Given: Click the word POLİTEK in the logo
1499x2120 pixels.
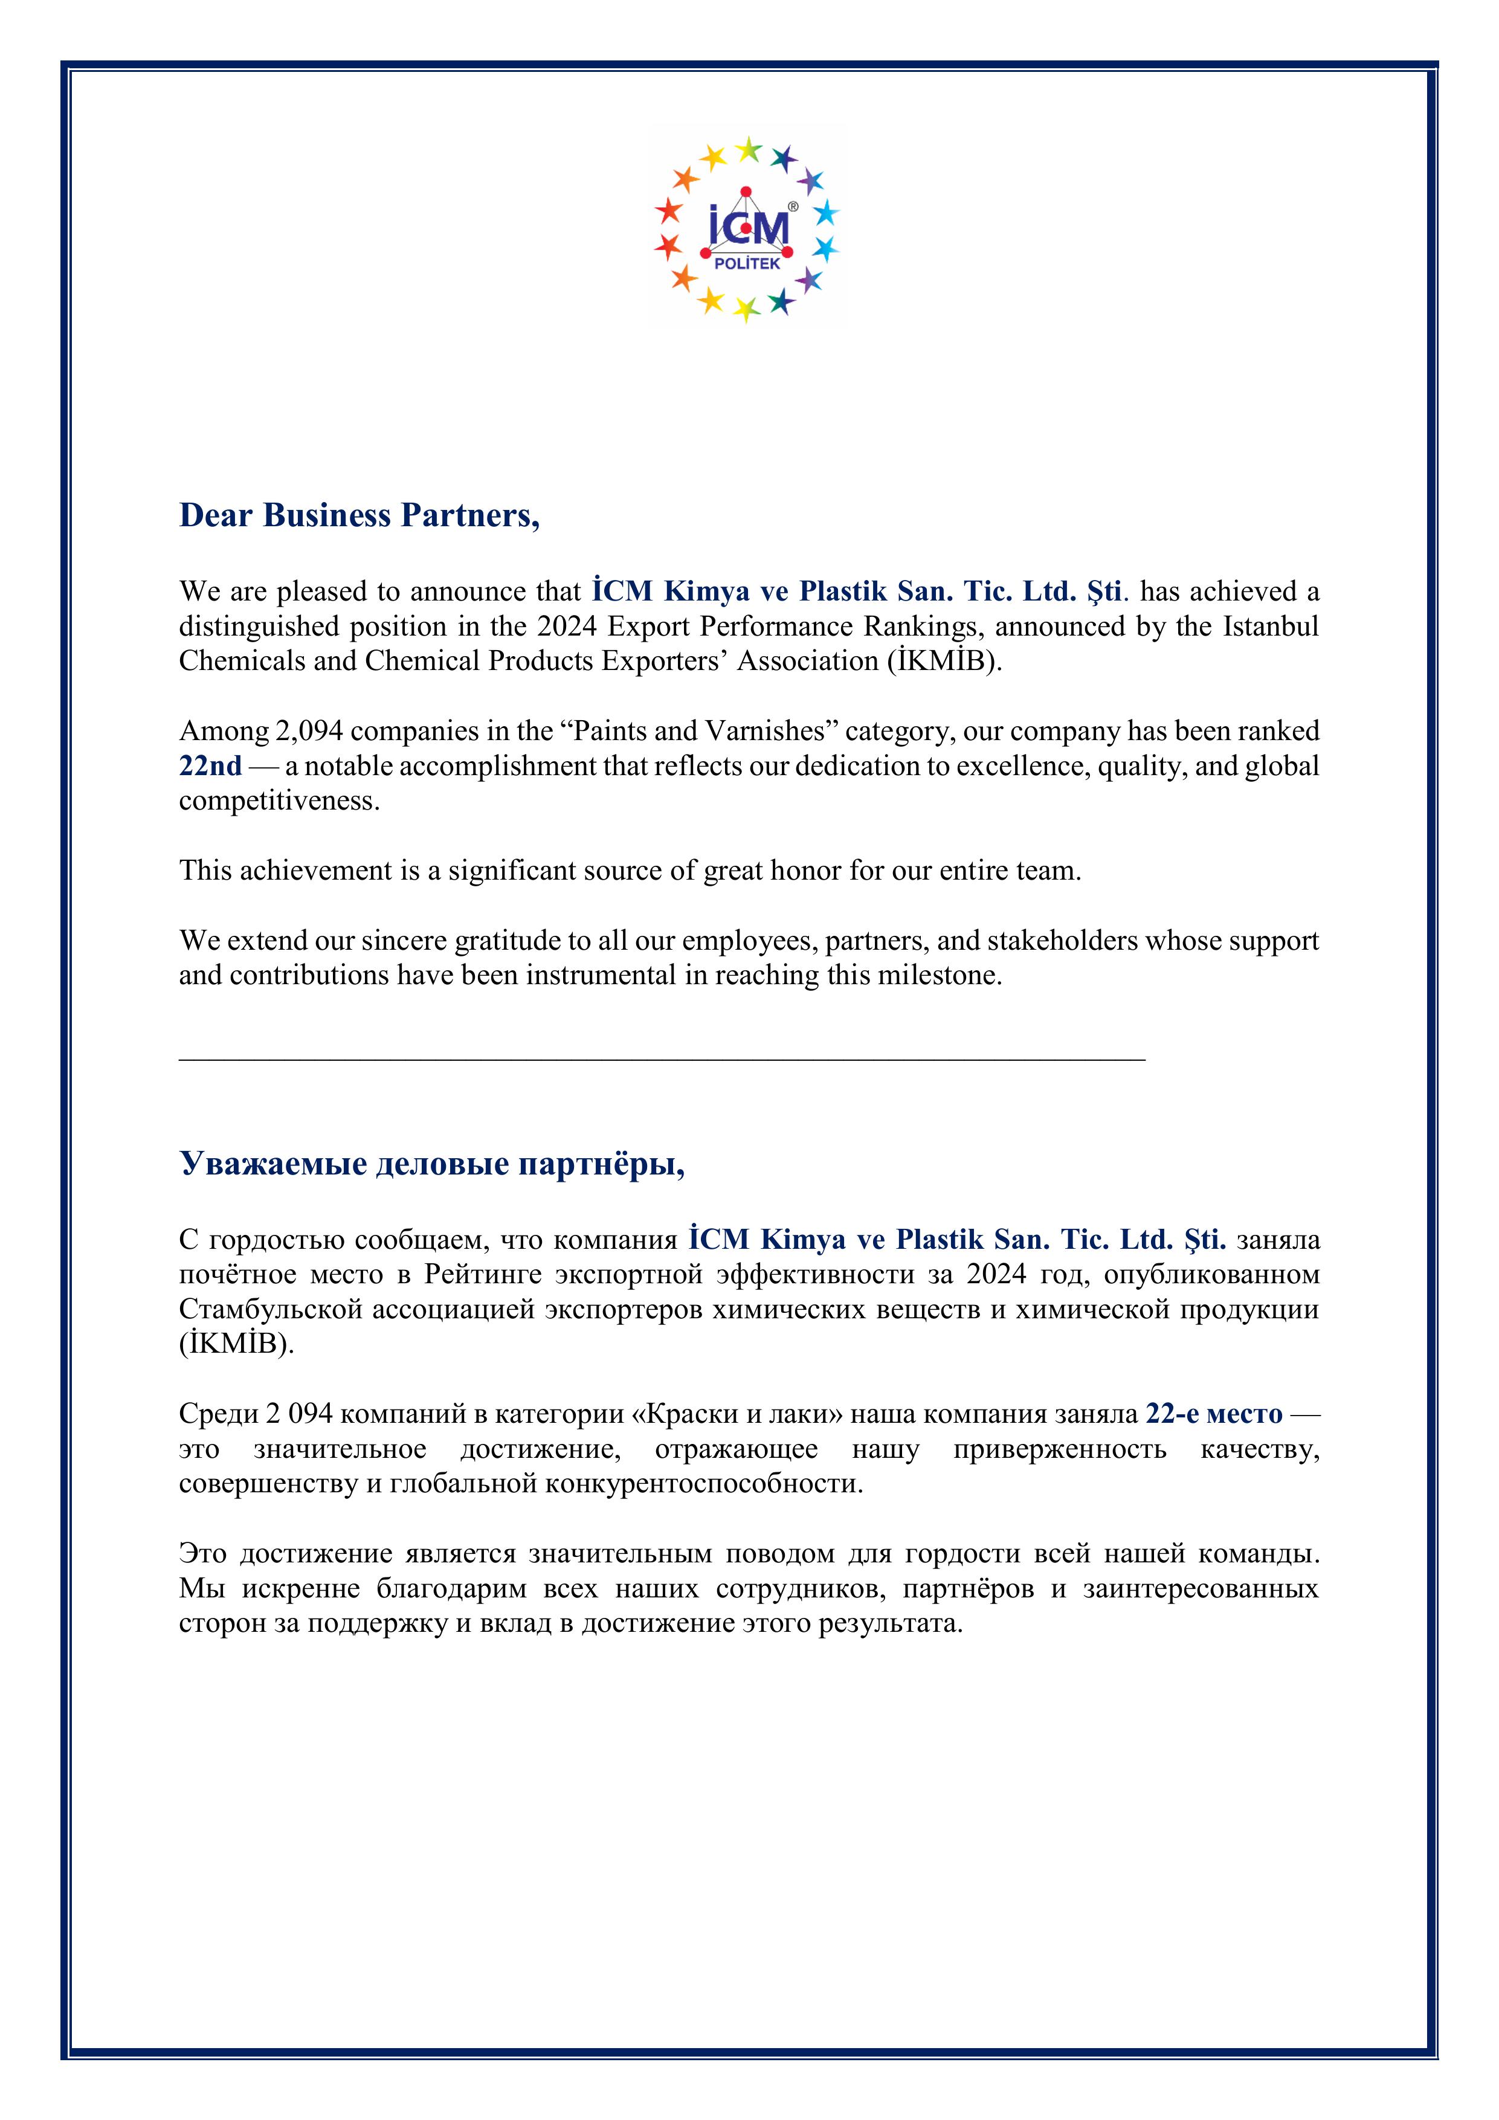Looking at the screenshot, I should [x=747, y=264].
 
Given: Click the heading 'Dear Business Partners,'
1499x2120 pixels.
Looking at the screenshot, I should [x=359, y=515].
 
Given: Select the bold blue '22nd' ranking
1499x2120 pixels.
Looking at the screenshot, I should [x=211, y=766].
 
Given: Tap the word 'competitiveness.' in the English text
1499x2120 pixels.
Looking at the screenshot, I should [x=279, y=801].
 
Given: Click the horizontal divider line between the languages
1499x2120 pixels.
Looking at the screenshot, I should [x=662, y=1060].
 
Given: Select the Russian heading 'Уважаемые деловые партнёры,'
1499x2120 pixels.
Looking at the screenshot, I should [x=431, y=1164].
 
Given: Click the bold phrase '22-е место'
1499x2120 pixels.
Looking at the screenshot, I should [x=1214, y=1414].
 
